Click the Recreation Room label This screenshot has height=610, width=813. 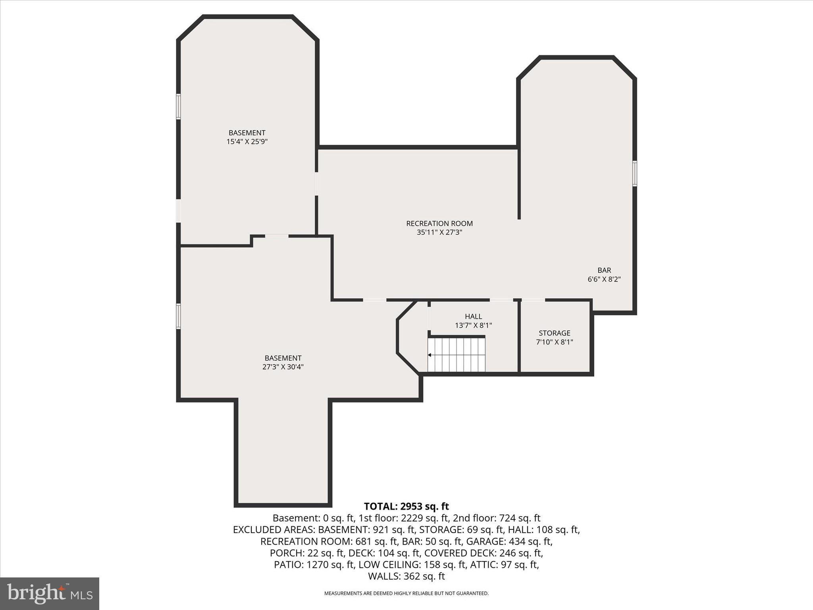click(439, 224)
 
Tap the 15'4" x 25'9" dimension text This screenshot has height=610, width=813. click(247, 142)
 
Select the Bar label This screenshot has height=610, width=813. click(604, 270)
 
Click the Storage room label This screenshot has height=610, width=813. click(554, 333)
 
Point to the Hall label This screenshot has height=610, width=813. click(473, 317)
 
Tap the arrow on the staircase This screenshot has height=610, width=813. click(430, 355)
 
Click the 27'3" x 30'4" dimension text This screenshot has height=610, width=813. click(283, 367)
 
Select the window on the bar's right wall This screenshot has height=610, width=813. click(634, 174)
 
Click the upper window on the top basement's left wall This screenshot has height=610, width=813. click(179, 106)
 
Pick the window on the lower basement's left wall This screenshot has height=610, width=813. click(179, 317)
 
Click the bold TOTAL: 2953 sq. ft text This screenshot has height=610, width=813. click(406, 506)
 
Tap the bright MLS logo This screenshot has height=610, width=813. click(50, 593)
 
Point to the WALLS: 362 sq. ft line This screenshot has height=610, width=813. click(406, 576)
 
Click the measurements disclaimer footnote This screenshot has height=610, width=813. click(406, 593)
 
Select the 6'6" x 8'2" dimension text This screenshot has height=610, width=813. click(604, 279)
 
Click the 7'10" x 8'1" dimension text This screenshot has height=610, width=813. click(554, 342)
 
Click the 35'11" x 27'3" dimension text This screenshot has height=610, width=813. click(439, 232)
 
